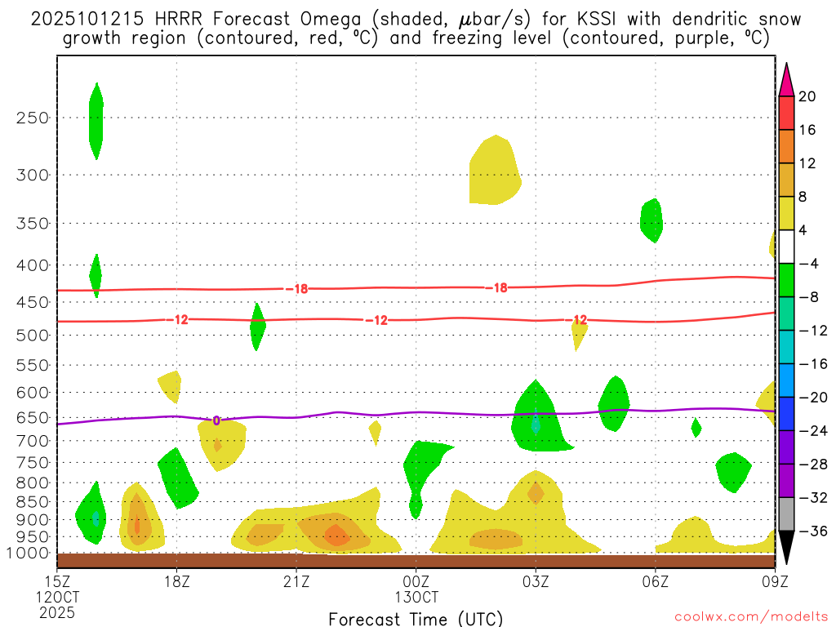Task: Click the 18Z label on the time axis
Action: (177, 581)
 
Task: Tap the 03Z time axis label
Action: (536, 581)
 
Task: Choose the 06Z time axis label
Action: (656, 581)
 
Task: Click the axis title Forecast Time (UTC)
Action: (416, 618)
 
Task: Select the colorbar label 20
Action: (807, 96)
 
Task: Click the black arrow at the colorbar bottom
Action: (786, 551)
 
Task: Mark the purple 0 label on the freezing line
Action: (216, 420)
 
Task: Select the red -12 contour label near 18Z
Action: (178, 319)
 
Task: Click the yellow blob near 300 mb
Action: (493, 171)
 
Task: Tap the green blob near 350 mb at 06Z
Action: (651, 219)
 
